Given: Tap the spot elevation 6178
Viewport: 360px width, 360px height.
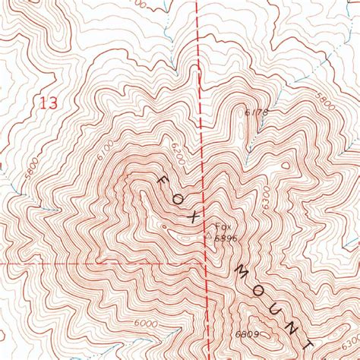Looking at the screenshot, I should tap(257, 112).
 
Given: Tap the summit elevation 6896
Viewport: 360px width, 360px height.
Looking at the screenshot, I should tap(224, 238).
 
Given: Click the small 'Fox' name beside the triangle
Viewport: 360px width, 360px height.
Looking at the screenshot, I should tap(223, 227).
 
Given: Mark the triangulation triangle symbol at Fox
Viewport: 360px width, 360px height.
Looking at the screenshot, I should tap(209, 235).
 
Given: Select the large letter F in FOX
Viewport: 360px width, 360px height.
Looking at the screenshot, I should tap(163, 181).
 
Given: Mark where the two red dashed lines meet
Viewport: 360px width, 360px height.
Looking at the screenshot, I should tap(207, 263).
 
